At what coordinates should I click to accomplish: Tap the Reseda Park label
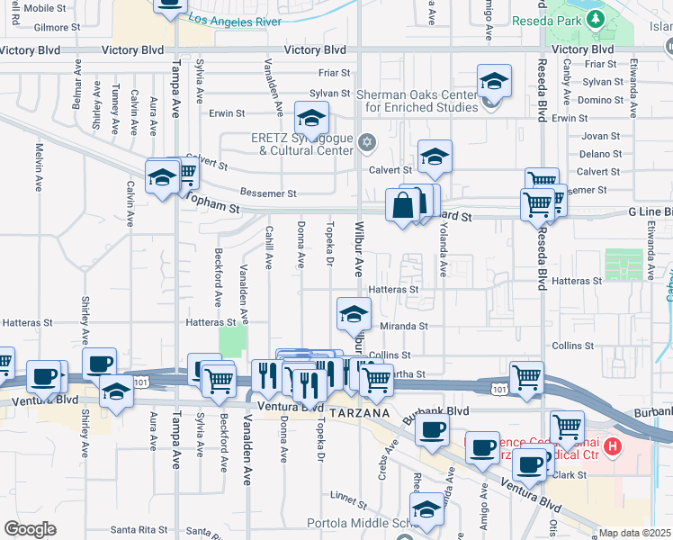(543, 20)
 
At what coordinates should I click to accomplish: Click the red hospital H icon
(613, 445)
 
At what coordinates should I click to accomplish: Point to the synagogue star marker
(366, 142)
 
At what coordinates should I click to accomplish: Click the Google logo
(30, 529)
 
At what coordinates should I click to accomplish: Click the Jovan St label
(595, 136)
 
